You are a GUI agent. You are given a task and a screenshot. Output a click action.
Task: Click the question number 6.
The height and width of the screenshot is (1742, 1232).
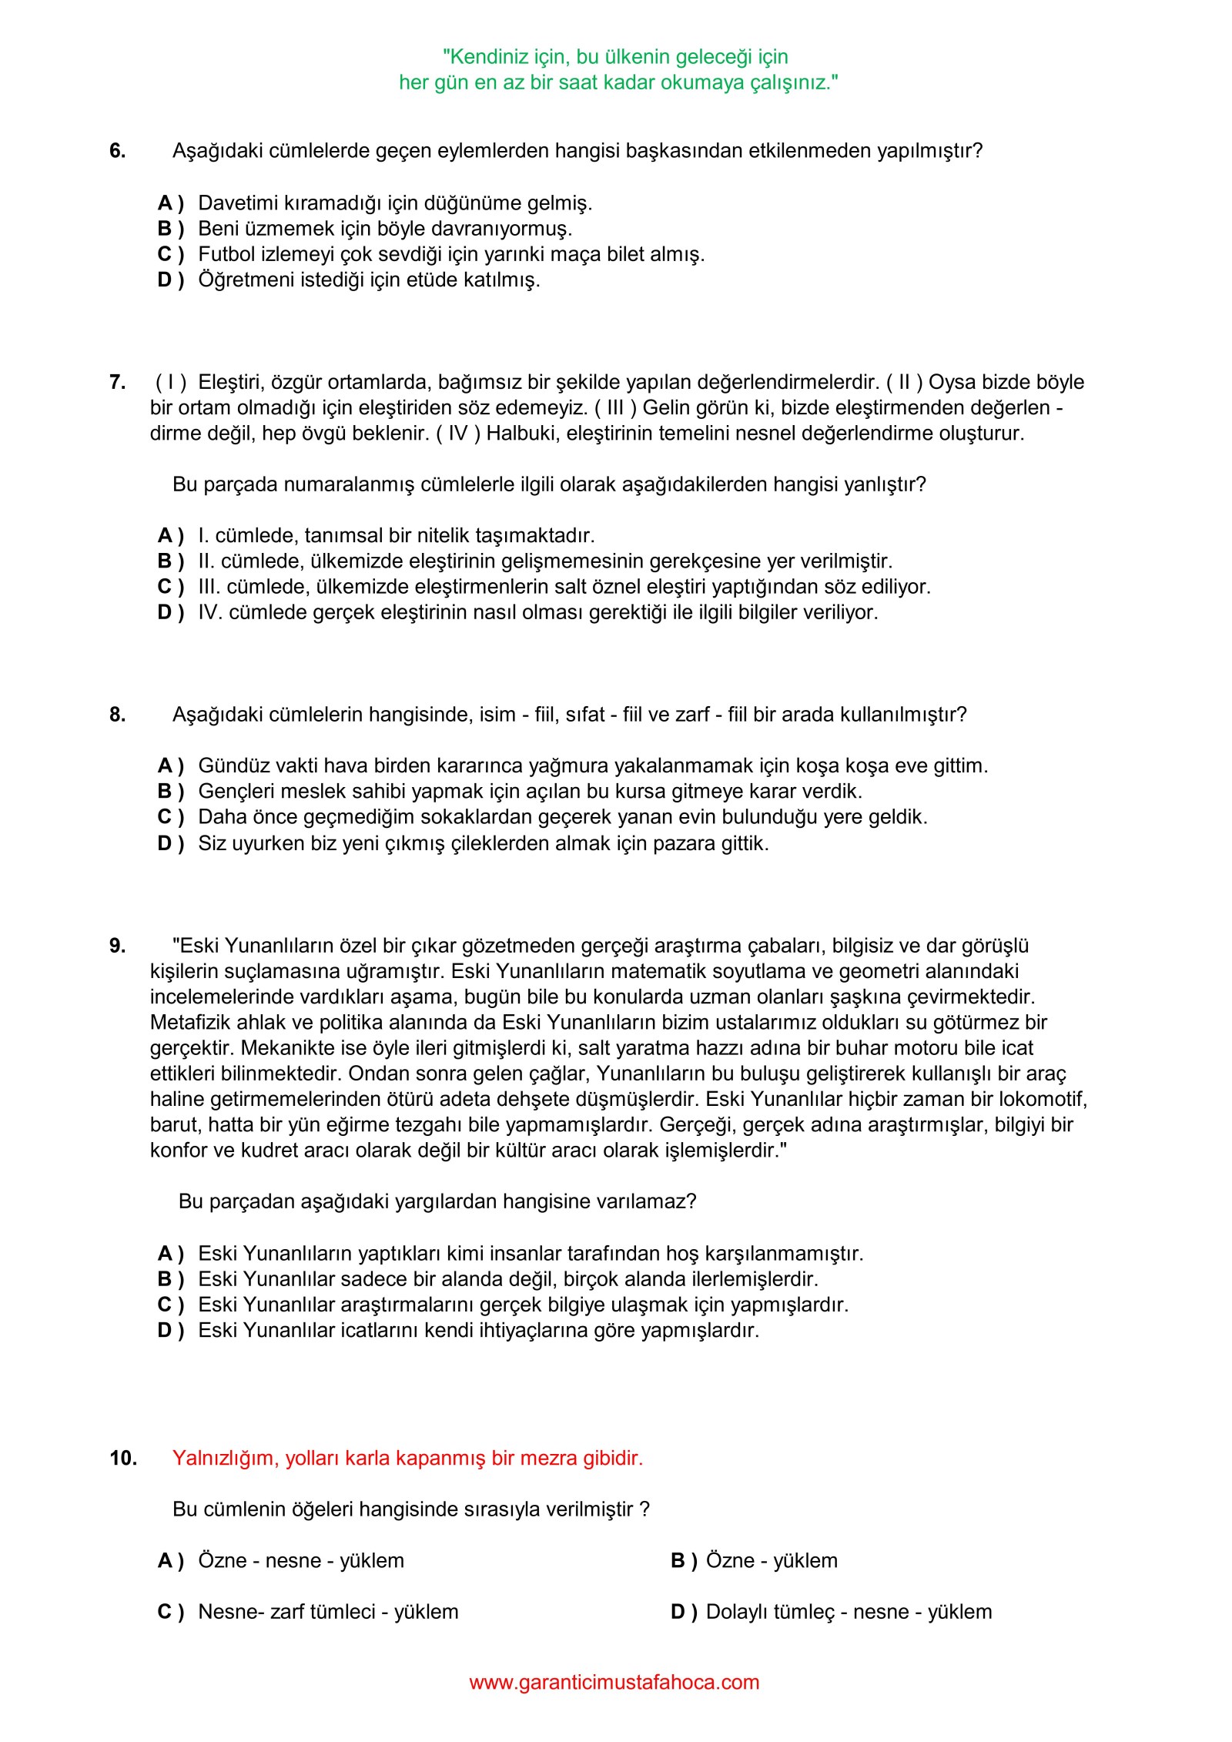point(117,151)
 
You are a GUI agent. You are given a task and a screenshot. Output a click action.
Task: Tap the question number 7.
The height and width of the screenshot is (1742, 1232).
point(117,383)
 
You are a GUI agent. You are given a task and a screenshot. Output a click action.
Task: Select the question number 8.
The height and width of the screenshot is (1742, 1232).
point(117,715)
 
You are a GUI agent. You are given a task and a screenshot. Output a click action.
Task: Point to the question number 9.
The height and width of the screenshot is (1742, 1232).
point(117,946)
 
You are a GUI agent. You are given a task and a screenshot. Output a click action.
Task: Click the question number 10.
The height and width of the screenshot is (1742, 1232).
point(123,1459)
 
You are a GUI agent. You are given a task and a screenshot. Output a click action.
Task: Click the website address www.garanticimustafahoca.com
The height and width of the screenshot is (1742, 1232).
point(614,1682)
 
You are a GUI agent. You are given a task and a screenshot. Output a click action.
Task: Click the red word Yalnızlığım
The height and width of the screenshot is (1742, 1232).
point(226,1459)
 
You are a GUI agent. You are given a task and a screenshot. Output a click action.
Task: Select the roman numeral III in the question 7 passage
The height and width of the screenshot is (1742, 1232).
point(614,408)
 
